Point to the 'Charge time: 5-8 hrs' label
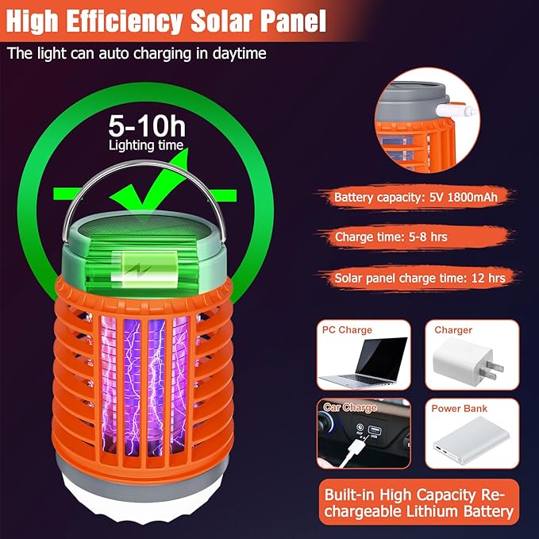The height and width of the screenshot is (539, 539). (385, 236)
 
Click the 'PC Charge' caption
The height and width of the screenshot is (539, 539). (347, 329)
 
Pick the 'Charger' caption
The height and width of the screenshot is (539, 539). (453, 329)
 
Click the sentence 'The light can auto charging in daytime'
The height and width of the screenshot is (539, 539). (137, 54)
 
